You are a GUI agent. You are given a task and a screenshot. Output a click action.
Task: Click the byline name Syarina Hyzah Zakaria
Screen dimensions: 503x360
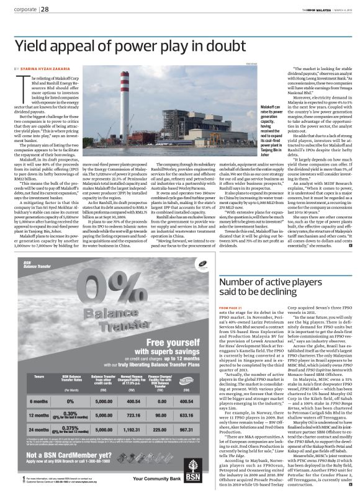click(47, 67)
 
